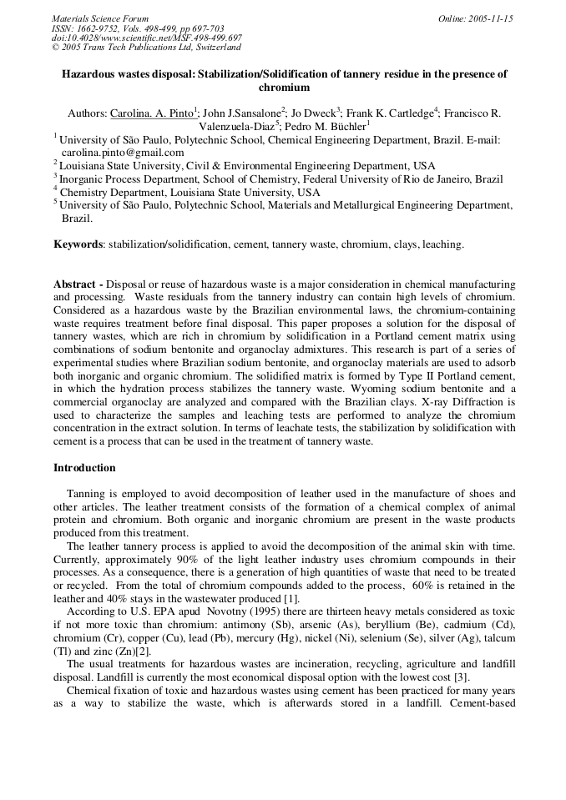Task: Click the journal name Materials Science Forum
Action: tap(100, 18)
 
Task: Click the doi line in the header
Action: tap(147, 38)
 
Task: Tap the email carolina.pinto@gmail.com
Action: tap(123, 153)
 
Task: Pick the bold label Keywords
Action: tap(78, 244)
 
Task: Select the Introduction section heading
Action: tap(84, 467)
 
